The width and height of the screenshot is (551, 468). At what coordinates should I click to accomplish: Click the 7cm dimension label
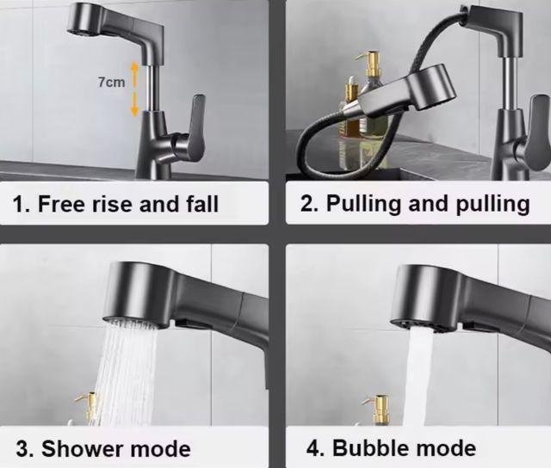click(111, 83)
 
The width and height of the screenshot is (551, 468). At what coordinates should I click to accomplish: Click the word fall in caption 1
click(199, 205)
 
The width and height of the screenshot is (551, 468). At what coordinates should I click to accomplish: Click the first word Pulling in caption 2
click(365, 205)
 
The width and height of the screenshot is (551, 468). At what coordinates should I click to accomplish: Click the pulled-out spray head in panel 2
click(405, 95)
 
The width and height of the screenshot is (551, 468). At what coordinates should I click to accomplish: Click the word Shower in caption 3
click(81, 448)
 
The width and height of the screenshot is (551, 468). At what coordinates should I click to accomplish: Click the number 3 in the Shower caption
click(23, 448)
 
